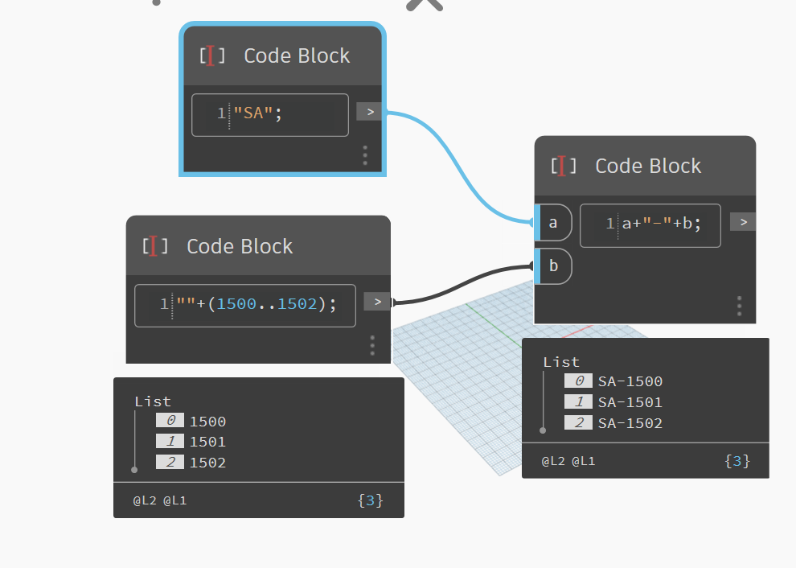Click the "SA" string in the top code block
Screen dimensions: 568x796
[252, 113]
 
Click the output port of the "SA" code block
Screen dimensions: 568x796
[369, 112]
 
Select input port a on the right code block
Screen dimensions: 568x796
[553, 223]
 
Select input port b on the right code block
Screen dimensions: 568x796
[553, 265]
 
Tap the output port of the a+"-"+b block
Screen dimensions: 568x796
[743, 222]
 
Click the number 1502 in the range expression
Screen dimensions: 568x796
[297, 304]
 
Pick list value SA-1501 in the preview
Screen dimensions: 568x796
[630, 402]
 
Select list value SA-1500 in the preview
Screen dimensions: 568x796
[630, 381]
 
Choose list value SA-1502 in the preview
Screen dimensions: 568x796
[630, 423]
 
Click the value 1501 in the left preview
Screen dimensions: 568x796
[207, 442]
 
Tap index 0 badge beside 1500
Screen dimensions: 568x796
[170, 421]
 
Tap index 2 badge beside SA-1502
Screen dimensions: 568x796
[578, 423]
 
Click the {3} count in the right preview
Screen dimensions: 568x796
[737, 461]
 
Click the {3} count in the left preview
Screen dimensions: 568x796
[370, 500]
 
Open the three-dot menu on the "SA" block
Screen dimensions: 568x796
[365, 155]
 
